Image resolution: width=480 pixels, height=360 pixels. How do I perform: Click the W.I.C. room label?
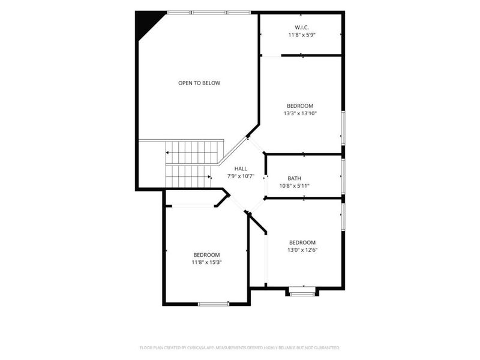click(302, 28)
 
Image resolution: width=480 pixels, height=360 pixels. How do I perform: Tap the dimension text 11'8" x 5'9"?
click(302, 35)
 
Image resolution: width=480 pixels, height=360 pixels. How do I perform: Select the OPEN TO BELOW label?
click(199, 83)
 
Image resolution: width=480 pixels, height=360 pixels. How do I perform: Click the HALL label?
click(241, 169)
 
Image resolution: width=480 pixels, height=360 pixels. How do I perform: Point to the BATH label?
click(295, 178)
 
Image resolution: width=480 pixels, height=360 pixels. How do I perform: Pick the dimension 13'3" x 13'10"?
click(300, 113)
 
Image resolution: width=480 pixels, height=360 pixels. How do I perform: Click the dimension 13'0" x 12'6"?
click(302, 250)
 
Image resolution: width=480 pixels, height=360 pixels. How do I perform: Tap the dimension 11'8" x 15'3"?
click(206, 262)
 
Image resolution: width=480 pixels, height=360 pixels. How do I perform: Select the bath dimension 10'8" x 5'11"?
click(295, 186)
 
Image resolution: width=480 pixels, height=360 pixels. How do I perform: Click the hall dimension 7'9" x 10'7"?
click(241, 176)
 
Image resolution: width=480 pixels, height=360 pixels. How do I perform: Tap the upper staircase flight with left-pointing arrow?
click(194, 152)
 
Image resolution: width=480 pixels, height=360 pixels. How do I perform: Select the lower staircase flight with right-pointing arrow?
click(188, 176)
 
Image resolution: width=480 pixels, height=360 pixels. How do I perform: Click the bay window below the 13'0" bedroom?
click(302, 292)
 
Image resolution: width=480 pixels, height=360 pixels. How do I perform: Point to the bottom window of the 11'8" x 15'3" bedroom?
click(214, 304)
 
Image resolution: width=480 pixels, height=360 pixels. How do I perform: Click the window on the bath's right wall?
click(343, 176)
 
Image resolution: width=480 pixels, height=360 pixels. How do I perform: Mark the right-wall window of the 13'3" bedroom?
click(343, 128)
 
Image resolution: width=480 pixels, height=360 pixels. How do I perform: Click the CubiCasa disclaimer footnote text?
click(239, 348)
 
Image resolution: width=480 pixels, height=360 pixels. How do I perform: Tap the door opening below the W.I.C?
click(271, 56)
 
